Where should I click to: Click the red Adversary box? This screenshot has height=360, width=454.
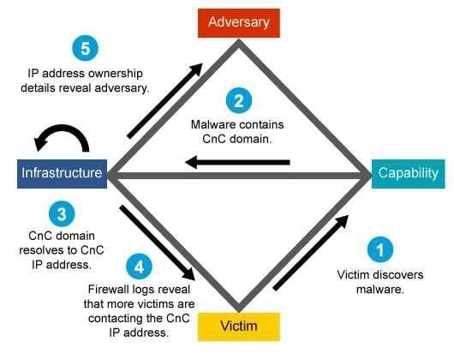coord(239,23)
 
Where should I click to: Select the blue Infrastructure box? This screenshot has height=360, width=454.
coord(62,174)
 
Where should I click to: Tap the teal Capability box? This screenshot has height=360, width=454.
coord(409,174)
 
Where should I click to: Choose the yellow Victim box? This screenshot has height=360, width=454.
coord(239,327)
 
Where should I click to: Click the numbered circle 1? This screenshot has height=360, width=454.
coord(380,249)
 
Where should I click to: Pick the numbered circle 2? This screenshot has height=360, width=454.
coord(239,101)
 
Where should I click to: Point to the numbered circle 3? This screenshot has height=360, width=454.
coord(62,214)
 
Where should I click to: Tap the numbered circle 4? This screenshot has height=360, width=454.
coord(139,267)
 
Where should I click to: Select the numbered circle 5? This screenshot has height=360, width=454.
coord(85,48)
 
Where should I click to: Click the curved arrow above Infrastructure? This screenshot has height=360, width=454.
coord(63,129)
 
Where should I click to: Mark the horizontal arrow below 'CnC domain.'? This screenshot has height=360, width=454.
coord(237,162)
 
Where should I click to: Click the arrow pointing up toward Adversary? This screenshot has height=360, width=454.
coord(164,100)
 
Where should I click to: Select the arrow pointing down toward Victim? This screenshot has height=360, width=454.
coord(158,243)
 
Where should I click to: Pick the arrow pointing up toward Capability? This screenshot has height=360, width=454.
coord(311,253)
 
